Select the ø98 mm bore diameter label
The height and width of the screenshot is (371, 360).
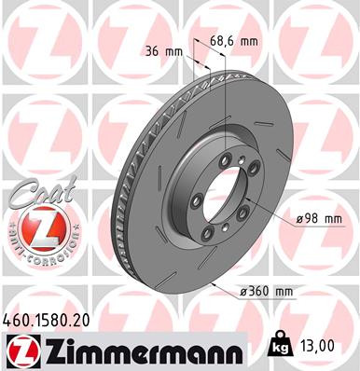319,218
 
